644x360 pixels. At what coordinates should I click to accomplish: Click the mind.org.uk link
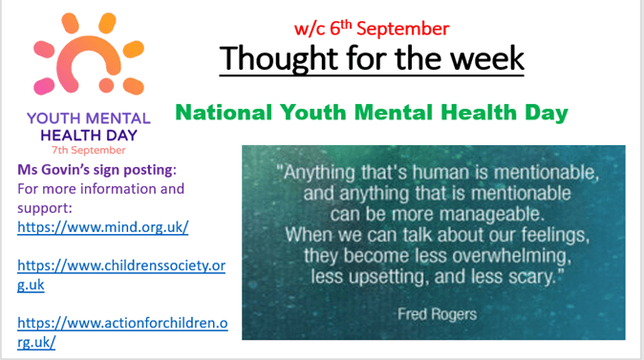tap(102, 227)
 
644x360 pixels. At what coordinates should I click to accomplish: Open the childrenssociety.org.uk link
tap(121, 275)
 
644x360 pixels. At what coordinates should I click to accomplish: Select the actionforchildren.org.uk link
tap(122, 332)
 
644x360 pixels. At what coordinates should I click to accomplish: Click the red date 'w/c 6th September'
tap(372, 28)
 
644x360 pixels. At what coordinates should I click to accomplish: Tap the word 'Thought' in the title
tap(279, 58)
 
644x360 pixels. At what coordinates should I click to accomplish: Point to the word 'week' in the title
tap(487, 58)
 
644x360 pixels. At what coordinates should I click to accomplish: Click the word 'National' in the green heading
tap(224, 112)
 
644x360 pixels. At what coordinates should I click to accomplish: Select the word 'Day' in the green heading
tap(547, 114)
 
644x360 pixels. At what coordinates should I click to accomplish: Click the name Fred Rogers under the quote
tap(437, 314)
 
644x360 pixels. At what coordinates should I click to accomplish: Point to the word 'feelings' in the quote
tap(555, 235)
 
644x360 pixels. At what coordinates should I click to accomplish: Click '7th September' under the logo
tap(88, 150)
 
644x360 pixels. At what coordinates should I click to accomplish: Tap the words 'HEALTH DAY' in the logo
tap(89, 135)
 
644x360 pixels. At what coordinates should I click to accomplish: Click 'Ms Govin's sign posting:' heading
tap(97, 170)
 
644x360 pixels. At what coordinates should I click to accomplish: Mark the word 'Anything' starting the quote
tap(319, 173)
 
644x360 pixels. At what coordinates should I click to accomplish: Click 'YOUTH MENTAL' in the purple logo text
tap(89, 118)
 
